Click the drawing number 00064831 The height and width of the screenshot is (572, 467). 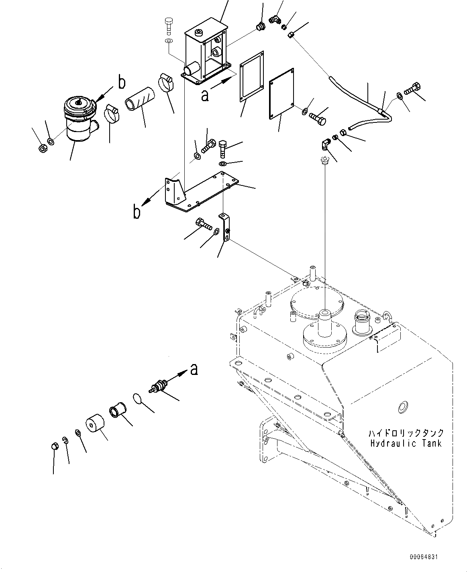click(x=424, y=557)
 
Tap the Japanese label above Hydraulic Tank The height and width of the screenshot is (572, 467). click(x=406, y=433)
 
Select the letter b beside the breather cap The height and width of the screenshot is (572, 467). click(x=122, y=83)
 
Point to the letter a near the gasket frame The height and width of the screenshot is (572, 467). click(x=205, y=96)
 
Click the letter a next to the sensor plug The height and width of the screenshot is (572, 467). click(x=194, y=369)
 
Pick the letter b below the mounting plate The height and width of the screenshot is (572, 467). click(x=137, y=212)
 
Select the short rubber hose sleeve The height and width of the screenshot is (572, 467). click(x=139, y=98)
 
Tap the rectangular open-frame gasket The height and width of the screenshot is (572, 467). click(x=252, y=77)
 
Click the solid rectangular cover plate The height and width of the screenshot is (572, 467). click(x=281, y=93)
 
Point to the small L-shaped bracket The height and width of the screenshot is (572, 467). click(x=225, y=227)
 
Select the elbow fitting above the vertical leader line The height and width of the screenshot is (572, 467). click(x=325, y=144)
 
